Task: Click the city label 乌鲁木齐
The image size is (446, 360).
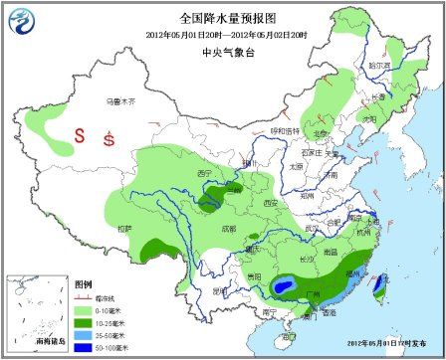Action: pyautogui.click(x=120, y=101)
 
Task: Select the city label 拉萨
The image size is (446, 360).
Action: pyautogui.click(x=124, y=228)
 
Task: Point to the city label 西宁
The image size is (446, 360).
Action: pyautogui.click(x=206, y=173)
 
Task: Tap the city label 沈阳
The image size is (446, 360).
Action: pyautogui.click(x=370, y=117)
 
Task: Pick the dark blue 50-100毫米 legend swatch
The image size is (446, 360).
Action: pyautogui.click(x=84, y=348)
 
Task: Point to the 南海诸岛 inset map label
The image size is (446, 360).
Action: pyautogui.click(x=48, y=341)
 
